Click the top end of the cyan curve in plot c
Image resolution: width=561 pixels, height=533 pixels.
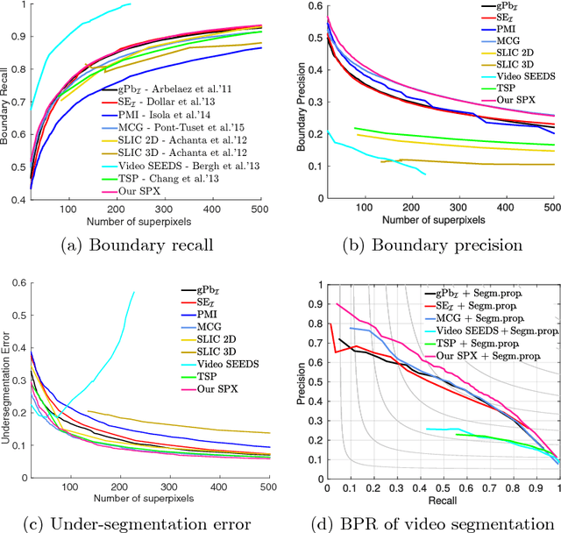pyautogui.click(x=134, y=292)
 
